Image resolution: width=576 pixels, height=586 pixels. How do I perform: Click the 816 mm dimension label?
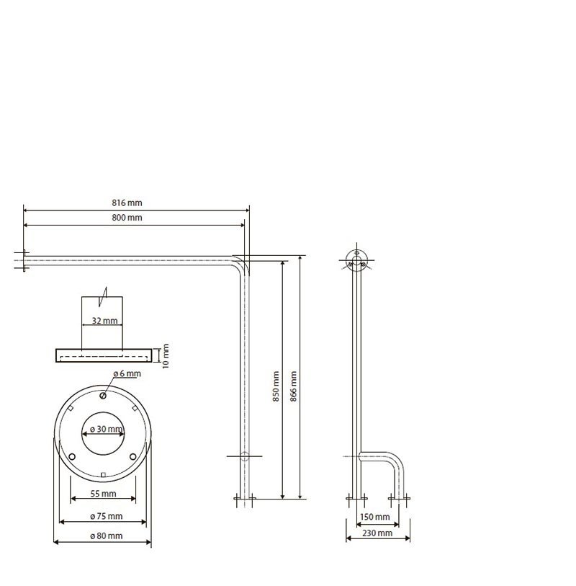pos(127,203)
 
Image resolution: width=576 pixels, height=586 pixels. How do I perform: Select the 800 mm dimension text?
pos(127,218)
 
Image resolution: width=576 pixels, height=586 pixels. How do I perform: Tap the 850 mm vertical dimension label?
pos(276,386)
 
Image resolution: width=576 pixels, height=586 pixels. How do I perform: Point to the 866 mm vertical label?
pos(294,386)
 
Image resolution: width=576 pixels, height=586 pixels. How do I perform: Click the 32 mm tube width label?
pos(104,321)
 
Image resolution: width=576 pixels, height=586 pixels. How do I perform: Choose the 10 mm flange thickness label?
pos(166,356)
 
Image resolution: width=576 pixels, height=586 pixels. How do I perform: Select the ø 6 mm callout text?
pos(127,373)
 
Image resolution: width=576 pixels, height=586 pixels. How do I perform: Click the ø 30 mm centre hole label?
pos(107,429)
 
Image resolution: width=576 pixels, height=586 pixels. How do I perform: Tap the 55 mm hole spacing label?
pos(104,494)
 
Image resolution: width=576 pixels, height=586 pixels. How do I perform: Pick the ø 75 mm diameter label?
pos(107,516)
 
